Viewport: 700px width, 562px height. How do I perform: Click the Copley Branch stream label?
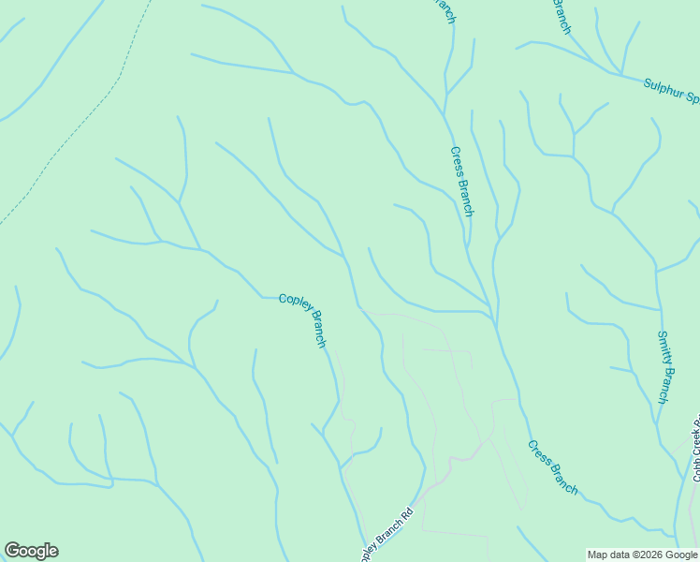pos(301,319)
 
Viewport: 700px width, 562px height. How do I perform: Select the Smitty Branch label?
pos(663,366)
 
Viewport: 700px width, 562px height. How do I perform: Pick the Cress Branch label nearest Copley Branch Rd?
pos(552,467)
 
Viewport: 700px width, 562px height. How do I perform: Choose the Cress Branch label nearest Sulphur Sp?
pos(462,181)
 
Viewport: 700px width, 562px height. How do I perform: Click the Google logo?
pos(31,551)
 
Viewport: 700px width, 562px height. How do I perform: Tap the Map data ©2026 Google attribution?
pos(643,555)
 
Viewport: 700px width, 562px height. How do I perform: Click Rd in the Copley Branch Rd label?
pos(406,515)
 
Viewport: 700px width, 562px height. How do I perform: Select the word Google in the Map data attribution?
pos(680,555)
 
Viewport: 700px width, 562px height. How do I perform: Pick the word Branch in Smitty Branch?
pos(664,383)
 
